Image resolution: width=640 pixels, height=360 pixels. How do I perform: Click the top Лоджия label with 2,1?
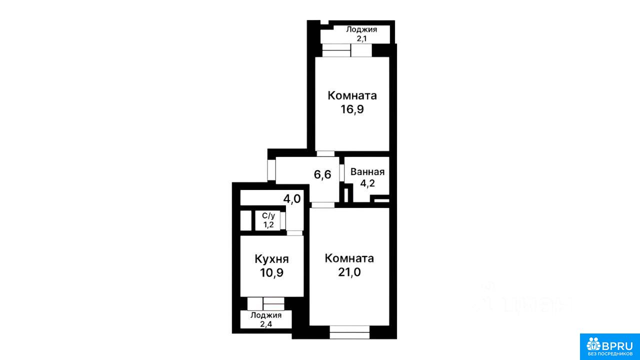click(x=361, y=34)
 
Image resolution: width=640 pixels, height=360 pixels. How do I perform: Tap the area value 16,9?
click(x=352, y=109)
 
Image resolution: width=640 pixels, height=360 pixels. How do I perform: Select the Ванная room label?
click(x=367, y=172)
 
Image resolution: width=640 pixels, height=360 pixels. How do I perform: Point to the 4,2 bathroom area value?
click(x=367, y=183)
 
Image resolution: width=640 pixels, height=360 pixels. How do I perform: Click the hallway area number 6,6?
click(x=322, y=174)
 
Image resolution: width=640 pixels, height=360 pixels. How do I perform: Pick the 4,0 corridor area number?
click(x=292, y=199)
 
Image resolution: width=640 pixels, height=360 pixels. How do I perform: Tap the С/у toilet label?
click(x=268, y=215)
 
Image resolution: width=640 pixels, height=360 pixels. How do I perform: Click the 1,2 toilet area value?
click(x=268, y=225)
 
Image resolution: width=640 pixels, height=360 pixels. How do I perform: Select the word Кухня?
click(x=271, y=259)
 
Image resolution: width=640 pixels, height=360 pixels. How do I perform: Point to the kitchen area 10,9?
click(x=271, y=273)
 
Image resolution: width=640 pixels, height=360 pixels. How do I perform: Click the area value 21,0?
click(x=349, y=272)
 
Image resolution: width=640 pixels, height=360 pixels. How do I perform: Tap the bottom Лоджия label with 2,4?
click(x=266, y=319)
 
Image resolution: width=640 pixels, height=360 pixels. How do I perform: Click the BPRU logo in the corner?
click(x=609, y=346)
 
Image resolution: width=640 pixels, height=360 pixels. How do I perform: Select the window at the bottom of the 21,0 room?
click(x=349, y=332)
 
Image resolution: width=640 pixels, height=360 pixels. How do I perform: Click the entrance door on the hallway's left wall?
click(x=271, y=170)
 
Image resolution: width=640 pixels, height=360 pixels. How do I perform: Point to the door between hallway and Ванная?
click(x=342, y=172)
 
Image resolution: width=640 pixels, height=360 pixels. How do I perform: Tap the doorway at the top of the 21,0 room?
click(x=323, y=205)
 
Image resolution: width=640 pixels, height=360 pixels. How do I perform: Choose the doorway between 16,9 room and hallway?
click(x=325, y=153)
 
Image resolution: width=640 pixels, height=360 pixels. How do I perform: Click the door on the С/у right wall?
click(x=283, y=220)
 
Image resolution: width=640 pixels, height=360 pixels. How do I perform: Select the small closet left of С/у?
click(x=245, y=220)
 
